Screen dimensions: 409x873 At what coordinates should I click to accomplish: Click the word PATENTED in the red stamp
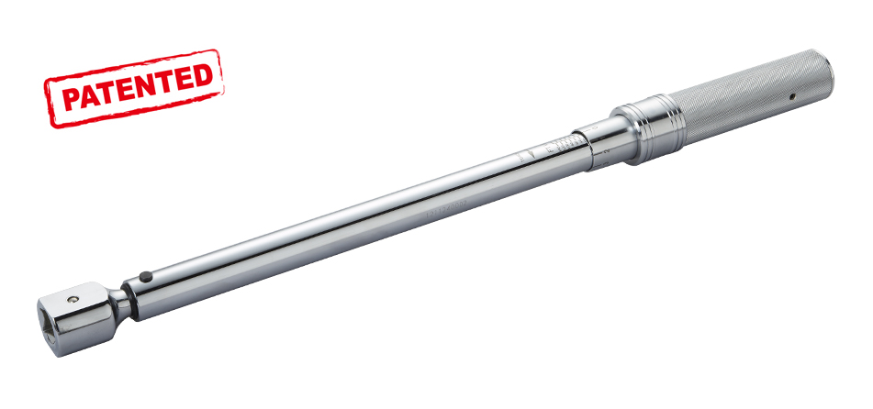coord(134,87)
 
